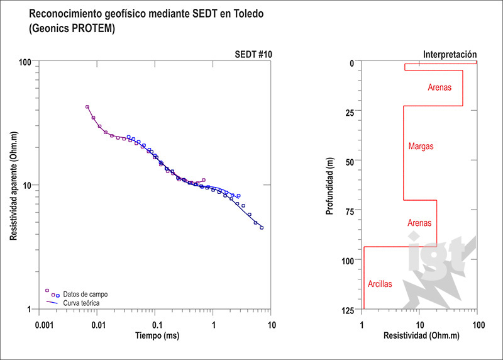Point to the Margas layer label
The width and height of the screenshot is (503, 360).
point(421,147)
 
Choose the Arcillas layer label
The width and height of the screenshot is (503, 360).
point(379,284)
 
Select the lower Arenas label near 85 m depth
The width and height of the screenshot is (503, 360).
point(420,223)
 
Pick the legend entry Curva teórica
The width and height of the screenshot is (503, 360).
point(81,303)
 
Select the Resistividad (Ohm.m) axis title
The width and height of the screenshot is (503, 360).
point(419,336)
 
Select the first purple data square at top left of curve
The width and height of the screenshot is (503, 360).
point(87,107)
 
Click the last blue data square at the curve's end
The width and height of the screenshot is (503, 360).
point(262,228)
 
